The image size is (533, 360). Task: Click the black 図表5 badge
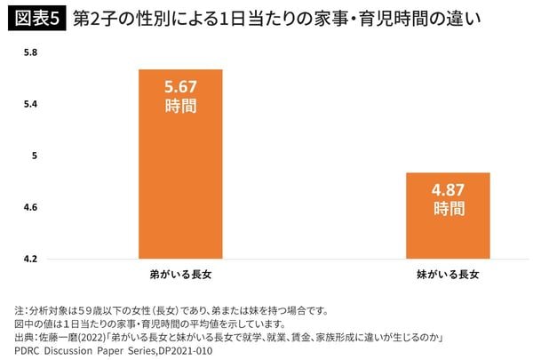point(36,18)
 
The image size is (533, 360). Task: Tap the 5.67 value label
point(179,88)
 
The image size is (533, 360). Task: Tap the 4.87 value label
point(448,191)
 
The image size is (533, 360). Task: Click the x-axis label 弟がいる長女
point(179,274)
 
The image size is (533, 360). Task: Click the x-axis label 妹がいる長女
point(448,274)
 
